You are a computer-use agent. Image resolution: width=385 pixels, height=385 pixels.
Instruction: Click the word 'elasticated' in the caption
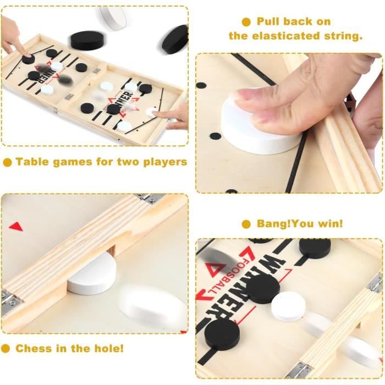pos(286,36)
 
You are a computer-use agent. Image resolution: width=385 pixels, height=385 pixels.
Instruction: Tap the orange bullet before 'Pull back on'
pos(246,22)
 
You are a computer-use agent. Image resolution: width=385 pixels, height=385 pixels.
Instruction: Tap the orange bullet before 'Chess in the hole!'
pos(6,348)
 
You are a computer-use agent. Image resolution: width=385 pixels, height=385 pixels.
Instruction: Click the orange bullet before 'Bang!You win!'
pos(246,224)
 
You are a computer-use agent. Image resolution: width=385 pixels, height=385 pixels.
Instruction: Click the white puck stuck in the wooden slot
pos(91,278)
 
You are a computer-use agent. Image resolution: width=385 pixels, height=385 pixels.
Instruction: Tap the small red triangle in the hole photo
pos(16,226)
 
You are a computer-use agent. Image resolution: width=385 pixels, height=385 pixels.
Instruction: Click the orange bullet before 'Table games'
pos(7,162)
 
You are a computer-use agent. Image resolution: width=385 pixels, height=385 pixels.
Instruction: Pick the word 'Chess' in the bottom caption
pos(34,348)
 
